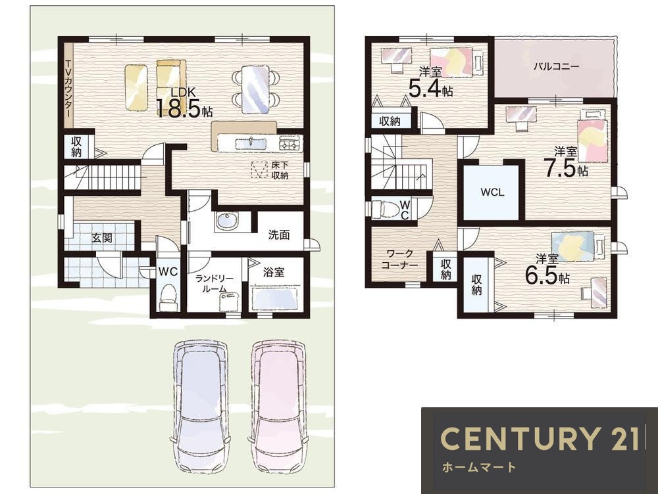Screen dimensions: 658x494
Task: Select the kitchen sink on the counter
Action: click(250, 143)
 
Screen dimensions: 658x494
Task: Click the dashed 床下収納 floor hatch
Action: click(259, 169)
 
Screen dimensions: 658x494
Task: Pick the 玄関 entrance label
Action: click(102, 238)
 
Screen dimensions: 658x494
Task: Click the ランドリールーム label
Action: click(215, 284)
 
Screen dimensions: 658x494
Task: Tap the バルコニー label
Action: click(556, 66)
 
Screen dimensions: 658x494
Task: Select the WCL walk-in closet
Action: click(493, 192)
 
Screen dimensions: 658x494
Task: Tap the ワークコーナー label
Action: click(399, 259)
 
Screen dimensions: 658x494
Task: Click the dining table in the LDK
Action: click(255, 89)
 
